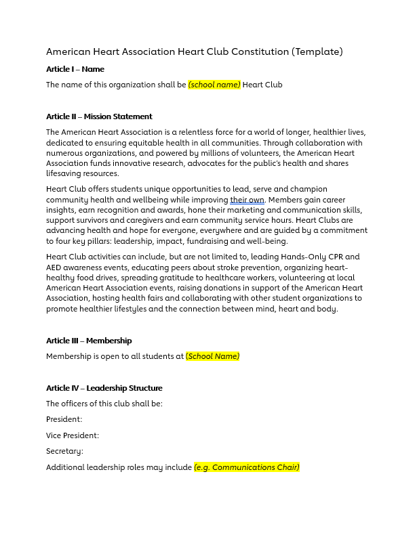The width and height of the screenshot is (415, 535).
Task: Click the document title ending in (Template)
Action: pos(195,51)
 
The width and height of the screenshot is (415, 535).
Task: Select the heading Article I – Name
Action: pos(75,69)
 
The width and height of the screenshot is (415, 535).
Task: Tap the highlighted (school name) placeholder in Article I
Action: pos(214,85)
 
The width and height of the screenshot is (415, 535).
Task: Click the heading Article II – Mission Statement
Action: pos(99,116)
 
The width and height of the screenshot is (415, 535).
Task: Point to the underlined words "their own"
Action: pos(247,200)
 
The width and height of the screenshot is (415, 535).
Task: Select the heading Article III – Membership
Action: pos(89,341)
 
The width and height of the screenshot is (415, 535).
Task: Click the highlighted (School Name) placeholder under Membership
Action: pos(212,356)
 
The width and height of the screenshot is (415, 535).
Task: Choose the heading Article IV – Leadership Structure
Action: pos(104,388)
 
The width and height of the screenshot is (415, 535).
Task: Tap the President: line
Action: pos(64,419)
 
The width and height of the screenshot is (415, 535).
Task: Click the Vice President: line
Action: pos(73,435)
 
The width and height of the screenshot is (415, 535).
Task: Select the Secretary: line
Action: pos(65,451)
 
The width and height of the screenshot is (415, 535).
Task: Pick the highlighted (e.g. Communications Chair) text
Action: pos(247,467)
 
